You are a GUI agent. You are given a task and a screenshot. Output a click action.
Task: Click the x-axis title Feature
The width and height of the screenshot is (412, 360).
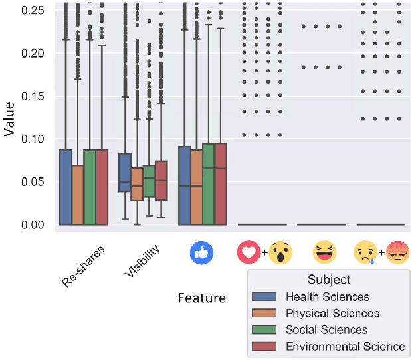pyautogui.click(x=201, y=298)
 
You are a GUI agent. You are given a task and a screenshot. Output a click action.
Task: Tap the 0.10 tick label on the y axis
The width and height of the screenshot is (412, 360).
pyautogui.click(x=36, y=139)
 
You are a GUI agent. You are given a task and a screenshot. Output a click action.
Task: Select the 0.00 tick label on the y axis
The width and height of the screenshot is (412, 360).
pyautogui.click(x=36, y=225)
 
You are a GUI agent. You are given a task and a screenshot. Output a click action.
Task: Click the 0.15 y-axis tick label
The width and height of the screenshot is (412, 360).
pyautogui.click(x=36, y=96)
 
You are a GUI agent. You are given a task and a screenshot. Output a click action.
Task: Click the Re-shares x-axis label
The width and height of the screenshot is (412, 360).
pyautogui.click(x=83, y=265)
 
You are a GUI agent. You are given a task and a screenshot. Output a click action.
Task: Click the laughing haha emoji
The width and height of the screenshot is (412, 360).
pyautogui.click(x=325, y=252)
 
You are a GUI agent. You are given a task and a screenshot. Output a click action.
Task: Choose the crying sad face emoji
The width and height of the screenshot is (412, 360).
pyautogui.click(x=365, y=252)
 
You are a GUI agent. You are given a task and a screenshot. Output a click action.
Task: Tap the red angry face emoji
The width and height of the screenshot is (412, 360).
pyautogui.click(x=397, y=252)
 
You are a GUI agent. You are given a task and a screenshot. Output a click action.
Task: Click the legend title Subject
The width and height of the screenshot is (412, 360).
pyautogui.click(x=329, y=280)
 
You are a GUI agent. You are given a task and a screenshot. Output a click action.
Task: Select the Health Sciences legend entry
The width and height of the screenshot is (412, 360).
pyautogui.click(x=327, y=297)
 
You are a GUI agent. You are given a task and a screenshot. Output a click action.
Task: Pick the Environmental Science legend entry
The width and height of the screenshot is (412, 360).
pyautogui.click(x=345, y=346)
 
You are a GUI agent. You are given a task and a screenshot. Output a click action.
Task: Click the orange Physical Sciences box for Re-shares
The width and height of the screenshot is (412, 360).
pyautogui.click(x=78, y=195)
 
